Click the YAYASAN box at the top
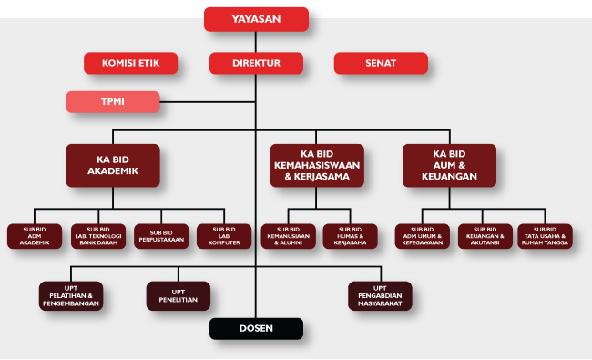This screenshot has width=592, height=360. [256, 18]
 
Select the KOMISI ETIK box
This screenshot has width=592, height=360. [130, 63]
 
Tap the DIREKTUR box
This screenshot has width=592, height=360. [256, 63]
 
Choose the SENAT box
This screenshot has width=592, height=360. [380, 63]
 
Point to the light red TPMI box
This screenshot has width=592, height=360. [113, 101]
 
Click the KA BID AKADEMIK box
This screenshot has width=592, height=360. [112, 166]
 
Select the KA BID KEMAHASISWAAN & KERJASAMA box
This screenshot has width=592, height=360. [317, 165]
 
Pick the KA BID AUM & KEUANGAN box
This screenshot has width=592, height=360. [450, 165]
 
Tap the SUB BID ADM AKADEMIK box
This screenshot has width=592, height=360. [34, 236]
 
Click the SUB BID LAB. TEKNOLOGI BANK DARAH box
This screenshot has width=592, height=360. [97, 236]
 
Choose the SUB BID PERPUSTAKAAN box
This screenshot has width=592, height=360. [160, 236]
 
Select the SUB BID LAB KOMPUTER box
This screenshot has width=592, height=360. [223, 236]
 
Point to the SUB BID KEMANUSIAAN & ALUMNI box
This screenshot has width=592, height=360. [288, 236]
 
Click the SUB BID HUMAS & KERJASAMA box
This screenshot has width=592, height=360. [350, 236]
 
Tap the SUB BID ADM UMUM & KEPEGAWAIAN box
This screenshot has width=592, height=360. [422, 236]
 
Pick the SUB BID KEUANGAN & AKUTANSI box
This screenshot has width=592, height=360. [485, 236]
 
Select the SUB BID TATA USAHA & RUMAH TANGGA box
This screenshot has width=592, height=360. [545, 236]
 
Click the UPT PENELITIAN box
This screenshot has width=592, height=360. [179, 295]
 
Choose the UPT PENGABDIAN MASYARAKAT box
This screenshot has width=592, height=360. [380, 295]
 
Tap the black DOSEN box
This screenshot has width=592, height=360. [256, 329]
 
